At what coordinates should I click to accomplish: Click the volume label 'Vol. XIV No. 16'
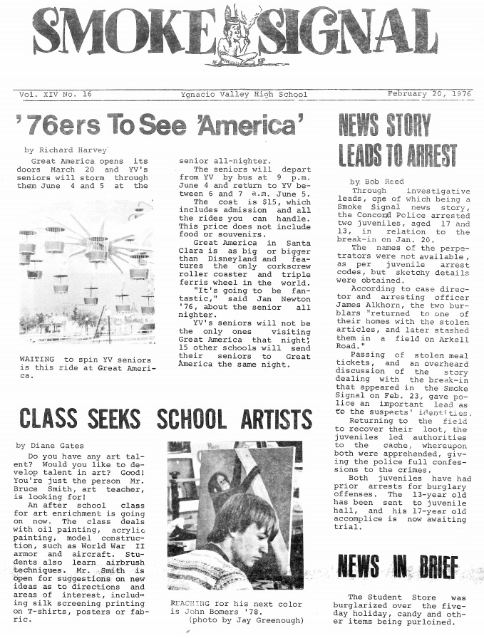point(52,95)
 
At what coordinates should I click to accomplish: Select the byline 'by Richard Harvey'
point(66,150)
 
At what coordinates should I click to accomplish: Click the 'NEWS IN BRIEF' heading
point(397,566)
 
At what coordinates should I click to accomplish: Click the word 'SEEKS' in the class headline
point(115,418)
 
